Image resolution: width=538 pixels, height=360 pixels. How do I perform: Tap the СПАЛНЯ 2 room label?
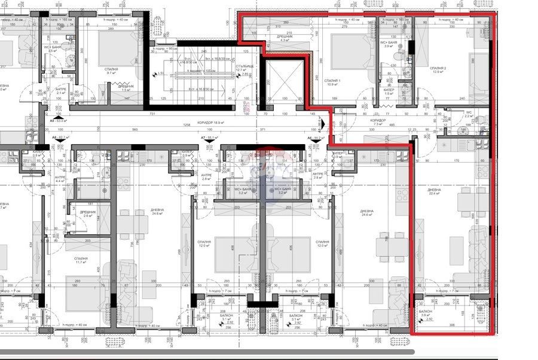tap(439, 70)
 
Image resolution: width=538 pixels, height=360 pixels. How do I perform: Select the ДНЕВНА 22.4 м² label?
tap(434, 191)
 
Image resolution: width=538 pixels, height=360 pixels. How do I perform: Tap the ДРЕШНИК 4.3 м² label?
tap(285, 38)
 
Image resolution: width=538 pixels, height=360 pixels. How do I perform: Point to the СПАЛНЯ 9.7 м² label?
tap(111, 71)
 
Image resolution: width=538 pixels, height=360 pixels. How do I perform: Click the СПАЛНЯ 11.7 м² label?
tap(82, 260)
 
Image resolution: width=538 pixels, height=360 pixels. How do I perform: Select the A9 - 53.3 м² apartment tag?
tap(60, 121)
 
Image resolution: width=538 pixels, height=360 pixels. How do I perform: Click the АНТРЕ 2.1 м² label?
tap(60, 91)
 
